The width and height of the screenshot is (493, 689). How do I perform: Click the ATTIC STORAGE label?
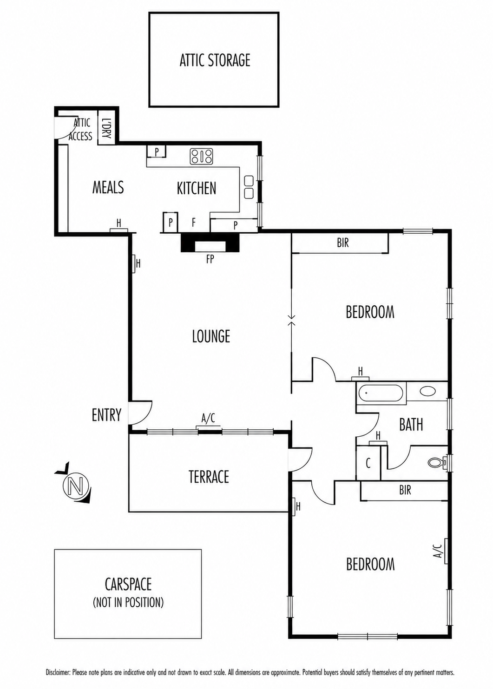215,60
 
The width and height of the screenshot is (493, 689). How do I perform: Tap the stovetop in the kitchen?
202,156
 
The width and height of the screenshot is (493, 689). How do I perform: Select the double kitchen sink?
249,187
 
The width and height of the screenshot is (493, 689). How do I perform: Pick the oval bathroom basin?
428,391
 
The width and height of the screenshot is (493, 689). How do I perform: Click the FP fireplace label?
210,260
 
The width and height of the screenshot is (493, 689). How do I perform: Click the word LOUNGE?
211,336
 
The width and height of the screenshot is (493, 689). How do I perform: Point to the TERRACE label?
209,477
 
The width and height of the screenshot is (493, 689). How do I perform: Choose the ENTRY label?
106,414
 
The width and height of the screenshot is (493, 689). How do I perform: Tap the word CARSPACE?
128,584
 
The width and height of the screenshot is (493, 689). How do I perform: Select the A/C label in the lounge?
208,418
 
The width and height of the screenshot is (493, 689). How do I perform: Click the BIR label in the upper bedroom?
343,243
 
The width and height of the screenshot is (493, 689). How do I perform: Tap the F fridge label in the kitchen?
193,222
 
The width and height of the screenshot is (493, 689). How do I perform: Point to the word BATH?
411,425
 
